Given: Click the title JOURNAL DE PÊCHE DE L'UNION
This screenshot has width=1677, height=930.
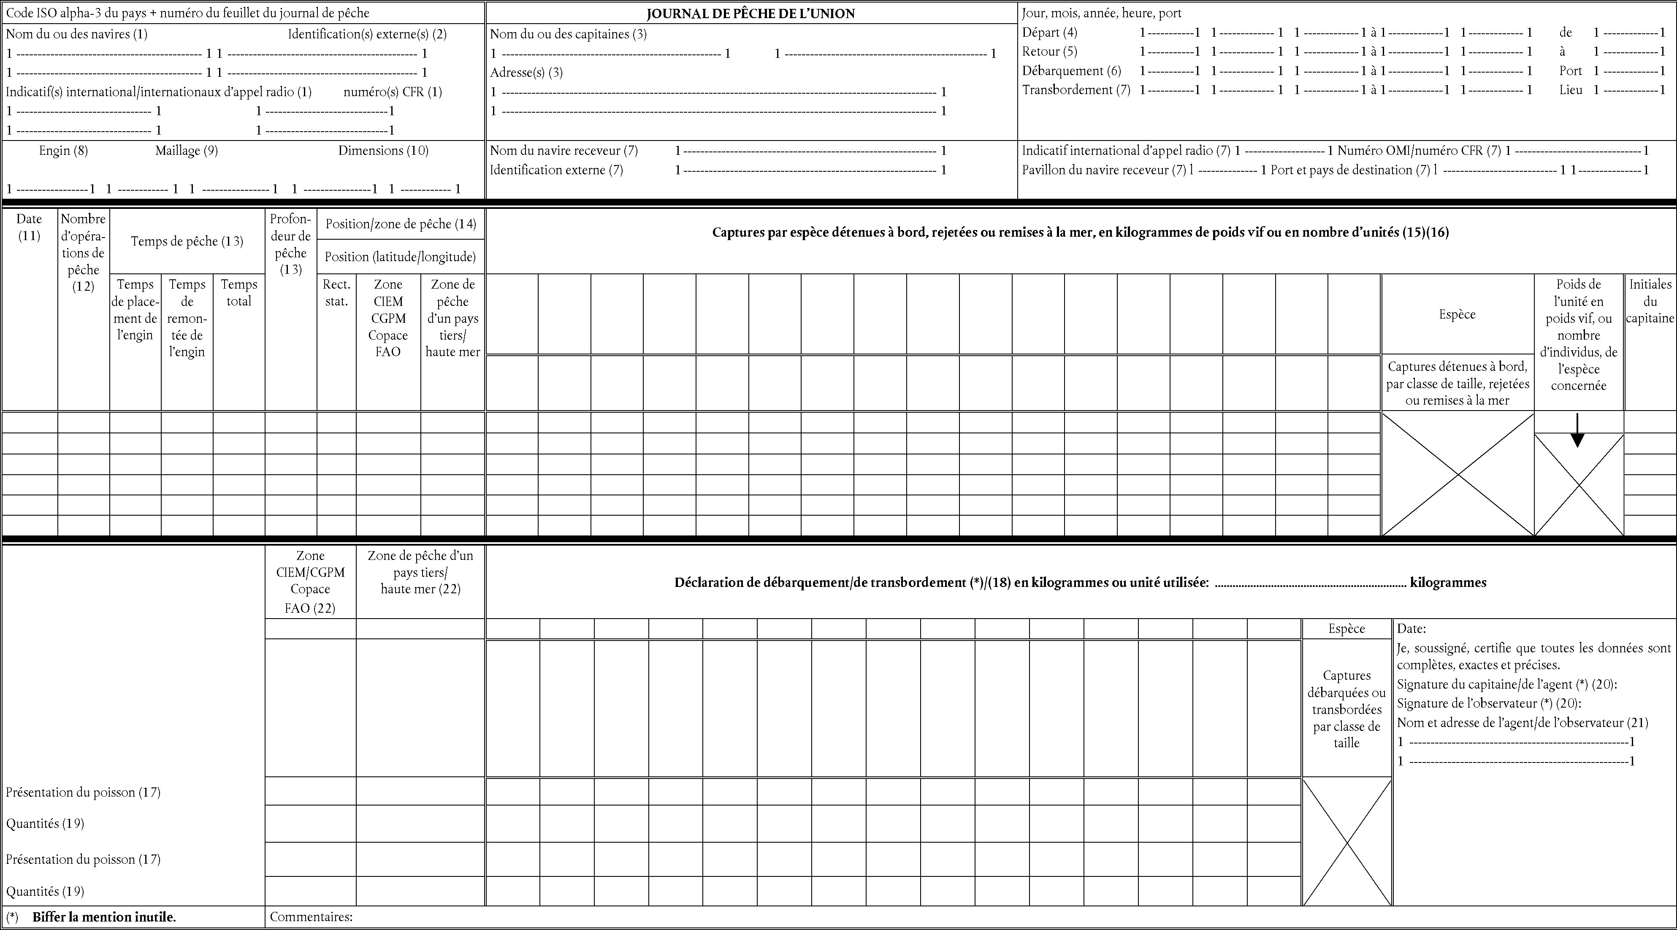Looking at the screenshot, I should (750, 13).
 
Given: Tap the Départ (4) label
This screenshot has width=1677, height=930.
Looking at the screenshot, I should (1049, 32).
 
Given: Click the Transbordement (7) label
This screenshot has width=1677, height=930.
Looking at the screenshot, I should (1076, 90).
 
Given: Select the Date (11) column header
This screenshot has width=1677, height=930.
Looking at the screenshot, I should (29, 227).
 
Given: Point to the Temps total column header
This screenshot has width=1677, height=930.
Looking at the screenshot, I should (239, 293).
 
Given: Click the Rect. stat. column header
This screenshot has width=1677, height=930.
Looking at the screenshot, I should (336, 293).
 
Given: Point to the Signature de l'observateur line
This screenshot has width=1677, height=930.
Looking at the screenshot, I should (1489, 703).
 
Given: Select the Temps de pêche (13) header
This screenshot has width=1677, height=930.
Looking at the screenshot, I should (187, 241).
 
